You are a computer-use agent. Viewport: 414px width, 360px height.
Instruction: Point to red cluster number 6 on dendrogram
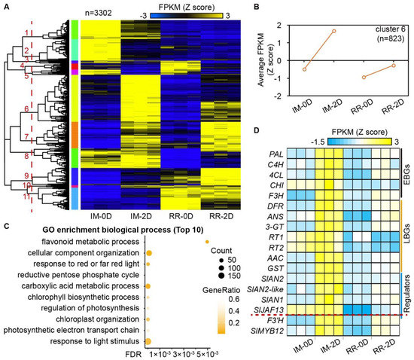(27, 109)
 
